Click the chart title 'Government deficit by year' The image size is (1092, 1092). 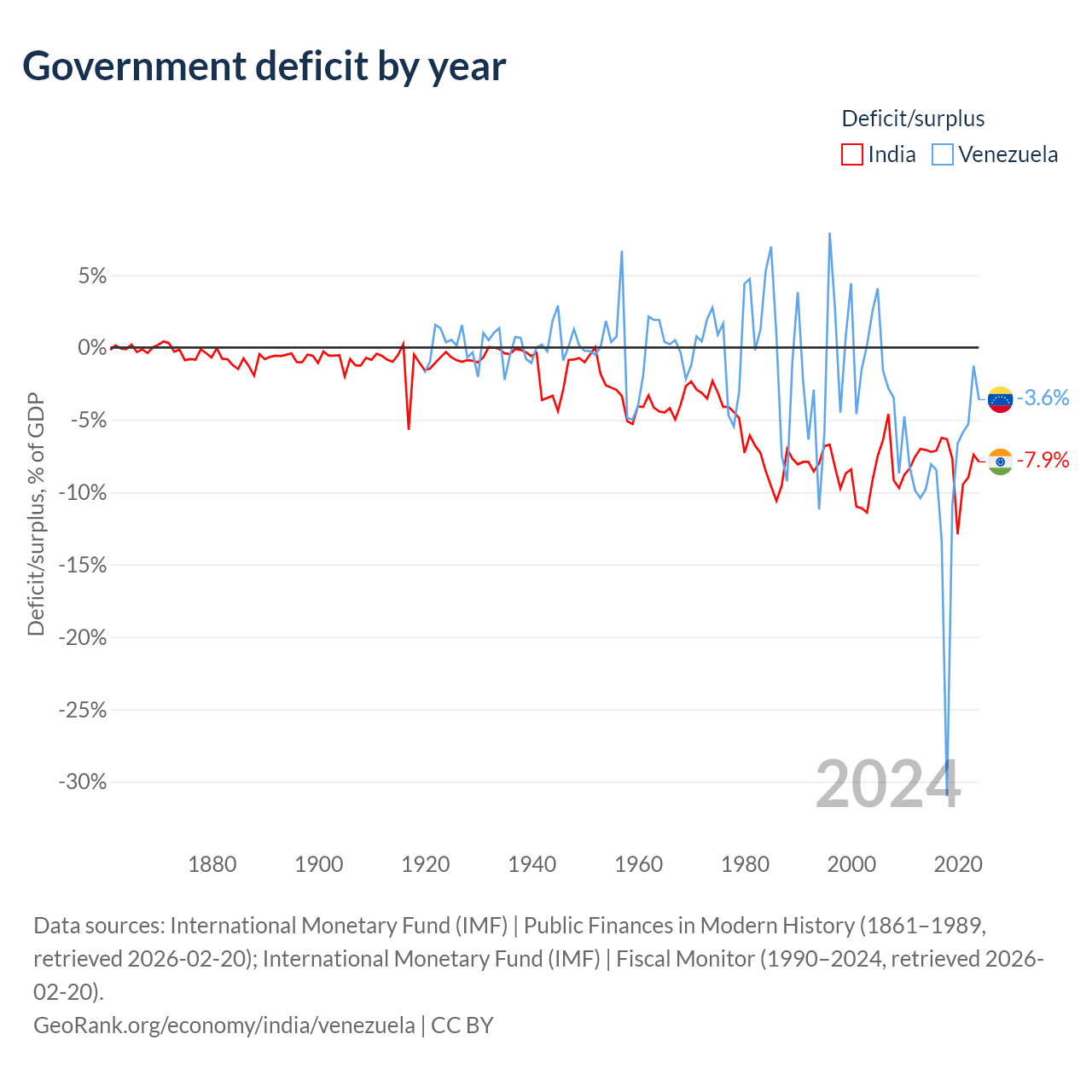tap(264, 67)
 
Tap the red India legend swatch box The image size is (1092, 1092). tap(851, 154)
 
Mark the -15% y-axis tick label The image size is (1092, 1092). tap(83, 565)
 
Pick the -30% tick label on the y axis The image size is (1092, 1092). tap(83, 781)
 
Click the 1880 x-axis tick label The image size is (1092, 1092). tap(212, 864)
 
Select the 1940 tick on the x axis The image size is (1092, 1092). tap(531, 864)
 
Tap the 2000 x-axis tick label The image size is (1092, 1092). tap(851, 864)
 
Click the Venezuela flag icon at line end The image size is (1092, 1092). tap(1000, 398)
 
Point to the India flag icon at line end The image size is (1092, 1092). tap(1000, 462)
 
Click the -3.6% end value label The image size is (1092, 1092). tap(1043, 398)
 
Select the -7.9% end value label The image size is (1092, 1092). tap(1043, 461)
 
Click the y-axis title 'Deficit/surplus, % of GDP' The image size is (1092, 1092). tap(36, 514)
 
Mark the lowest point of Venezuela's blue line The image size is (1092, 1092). tap(947, 794)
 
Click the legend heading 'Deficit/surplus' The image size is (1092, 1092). tap(913, 119)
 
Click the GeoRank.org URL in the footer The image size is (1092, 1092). tap(224, 1025)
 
